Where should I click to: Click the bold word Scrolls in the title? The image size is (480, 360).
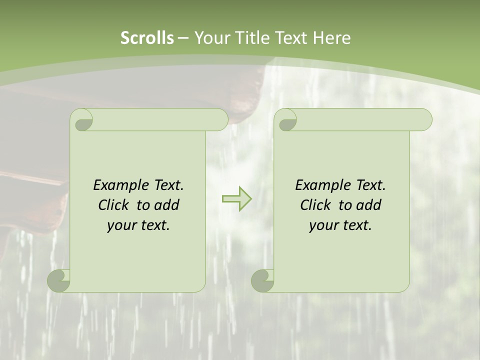147,38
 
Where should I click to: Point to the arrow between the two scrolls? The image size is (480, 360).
236,198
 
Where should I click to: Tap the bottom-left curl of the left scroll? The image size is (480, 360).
59,280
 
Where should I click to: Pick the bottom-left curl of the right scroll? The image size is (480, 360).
263,280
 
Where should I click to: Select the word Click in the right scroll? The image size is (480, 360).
315,205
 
